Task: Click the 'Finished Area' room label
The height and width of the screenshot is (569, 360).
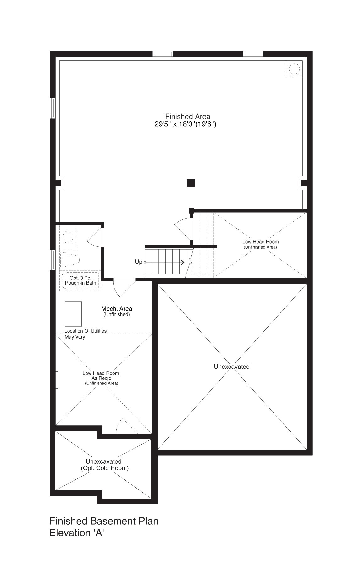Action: [188, 116]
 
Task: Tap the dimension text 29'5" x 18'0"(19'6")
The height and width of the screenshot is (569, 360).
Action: [185, 124]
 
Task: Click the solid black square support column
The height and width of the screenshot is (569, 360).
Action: [191, 183]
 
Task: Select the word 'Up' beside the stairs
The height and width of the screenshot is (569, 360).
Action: [138, 262]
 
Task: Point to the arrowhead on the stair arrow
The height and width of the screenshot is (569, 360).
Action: [182, 262]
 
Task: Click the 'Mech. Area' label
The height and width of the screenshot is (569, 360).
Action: [117, 309]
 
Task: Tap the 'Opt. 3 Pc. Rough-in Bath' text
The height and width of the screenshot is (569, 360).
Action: [80, 280]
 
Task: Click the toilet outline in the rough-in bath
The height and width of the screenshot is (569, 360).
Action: [69, 259]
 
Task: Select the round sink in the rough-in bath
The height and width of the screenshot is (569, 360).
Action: [68, 237]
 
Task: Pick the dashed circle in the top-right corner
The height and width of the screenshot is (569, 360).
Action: [294, 69]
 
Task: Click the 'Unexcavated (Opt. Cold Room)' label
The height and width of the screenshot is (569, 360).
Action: [104, 465]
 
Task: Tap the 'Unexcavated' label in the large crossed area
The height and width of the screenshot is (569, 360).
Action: [232, 367]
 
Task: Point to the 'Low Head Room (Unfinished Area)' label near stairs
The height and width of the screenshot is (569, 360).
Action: [260, 244]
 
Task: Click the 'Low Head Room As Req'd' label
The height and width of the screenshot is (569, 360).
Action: [101, 376]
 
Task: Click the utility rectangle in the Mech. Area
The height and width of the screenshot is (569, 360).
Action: [73, 314]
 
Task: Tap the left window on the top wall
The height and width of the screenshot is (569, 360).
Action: [163, 54]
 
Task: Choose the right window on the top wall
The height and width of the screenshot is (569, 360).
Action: [253, 54]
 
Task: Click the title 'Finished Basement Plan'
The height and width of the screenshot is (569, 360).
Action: [104, 521]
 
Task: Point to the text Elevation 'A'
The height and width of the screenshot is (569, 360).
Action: [77, 533]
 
